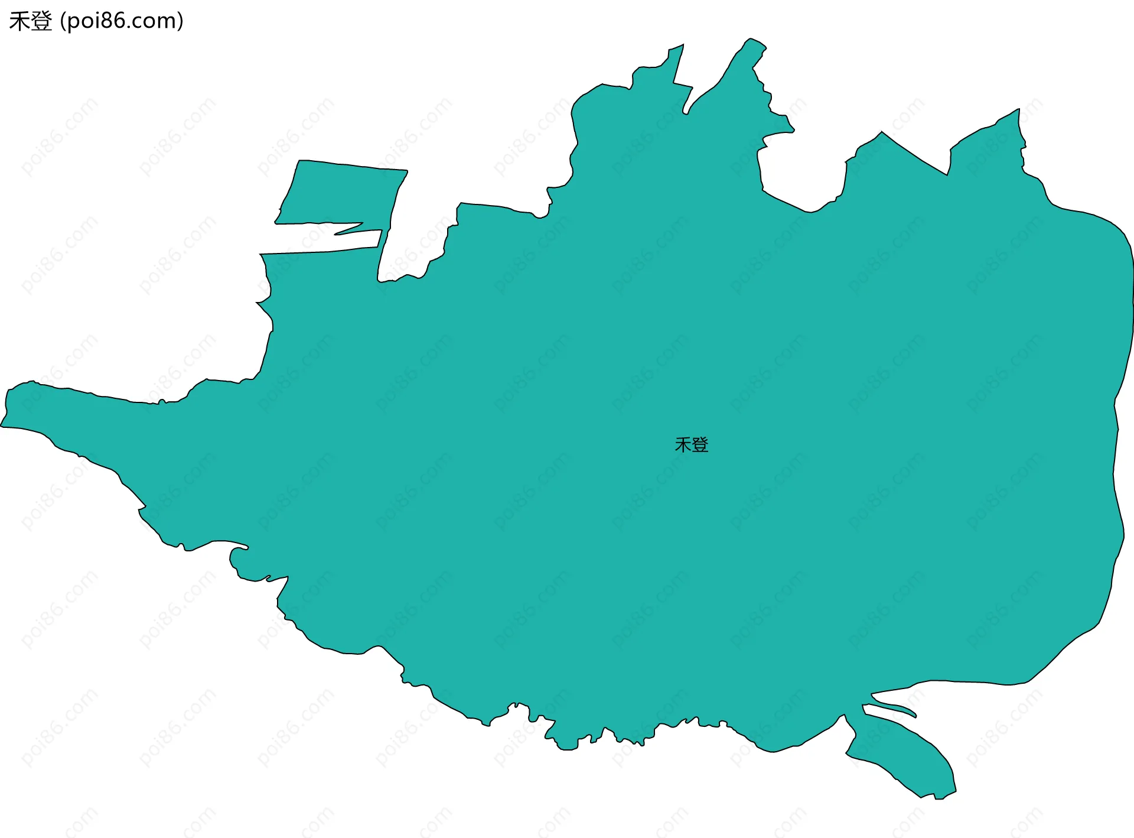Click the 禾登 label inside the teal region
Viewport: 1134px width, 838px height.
point(691,444)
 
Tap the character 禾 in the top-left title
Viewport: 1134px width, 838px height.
point(19,21)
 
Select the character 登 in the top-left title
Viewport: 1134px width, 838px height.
point(41,21)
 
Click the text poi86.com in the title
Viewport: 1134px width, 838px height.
point(122,21)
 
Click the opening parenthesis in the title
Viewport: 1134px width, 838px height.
point(63,22)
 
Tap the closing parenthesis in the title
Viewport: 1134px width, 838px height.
point(180,22)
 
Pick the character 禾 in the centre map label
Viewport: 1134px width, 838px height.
point(683,444)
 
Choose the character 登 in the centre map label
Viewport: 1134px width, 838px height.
point(700,444)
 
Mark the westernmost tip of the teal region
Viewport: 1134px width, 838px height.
point(2,425)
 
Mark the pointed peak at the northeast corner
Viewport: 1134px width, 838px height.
point(1017,111)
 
